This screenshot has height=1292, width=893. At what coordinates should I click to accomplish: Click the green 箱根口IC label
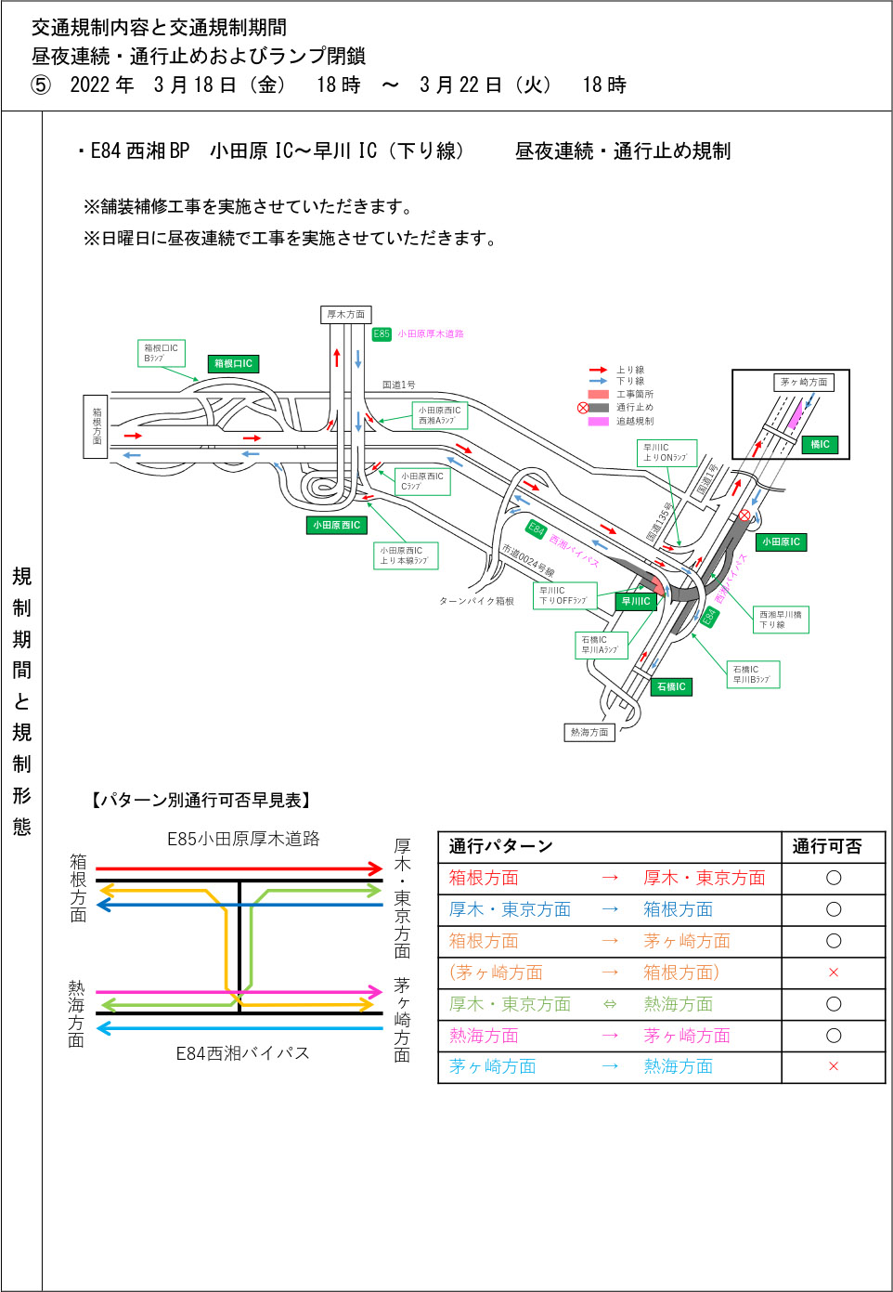click(x=233, y=364)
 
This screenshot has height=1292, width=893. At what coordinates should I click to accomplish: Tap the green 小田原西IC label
click(x=336, y=526)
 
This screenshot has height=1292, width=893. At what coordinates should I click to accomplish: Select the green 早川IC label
click(x=636, y=602)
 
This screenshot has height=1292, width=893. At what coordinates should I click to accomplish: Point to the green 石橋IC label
click(x=670, y=687)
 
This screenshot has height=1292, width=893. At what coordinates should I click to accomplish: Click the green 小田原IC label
click(x=781, y=542)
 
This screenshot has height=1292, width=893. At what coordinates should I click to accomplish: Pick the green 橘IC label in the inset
click(x=820, y=445)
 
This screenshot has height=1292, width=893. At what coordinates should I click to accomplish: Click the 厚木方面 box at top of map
click(x=345, y=315)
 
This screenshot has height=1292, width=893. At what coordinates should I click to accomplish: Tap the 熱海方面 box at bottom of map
click(x=589, y=733)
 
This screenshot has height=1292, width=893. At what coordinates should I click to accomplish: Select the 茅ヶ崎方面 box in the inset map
click(x=803, y=383)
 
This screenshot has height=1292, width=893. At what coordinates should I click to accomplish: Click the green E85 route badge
click(x=382, y=334)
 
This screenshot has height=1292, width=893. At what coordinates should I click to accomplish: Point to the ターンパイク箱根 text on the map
click(x=476, y=602)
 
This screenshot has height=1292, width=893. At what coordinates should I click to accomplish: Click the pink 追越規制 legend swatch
click(x=599, y=422)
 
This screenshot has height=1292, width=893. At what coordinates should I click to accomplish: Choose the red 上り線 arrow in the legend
click(x=599, y=370)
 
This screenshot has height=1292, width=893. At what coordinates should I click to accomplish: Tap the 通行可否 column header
click(x=826, y=847)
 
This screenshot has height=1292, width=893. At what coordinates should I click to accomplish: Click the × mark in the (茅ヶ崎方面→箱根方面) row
click(x=833, y=972)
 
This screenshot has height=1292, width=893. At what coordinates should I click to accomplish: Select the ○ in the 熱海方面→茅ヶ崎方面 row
click(x=833, y=1036)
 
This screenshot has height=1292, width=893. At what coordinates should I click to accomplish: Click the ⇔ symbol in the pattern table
click(x=610, y=1004)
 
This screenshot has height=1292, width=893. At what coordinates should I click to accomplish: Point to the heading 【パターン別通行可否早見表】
click(x=200, y=801)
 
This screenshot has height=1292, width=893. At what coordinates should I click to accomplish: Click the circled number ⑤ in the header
click(x=41, y=85)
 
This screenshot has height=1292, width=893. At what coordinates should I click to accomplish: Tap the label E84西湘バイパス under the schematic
click(x=242, y=1053)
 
